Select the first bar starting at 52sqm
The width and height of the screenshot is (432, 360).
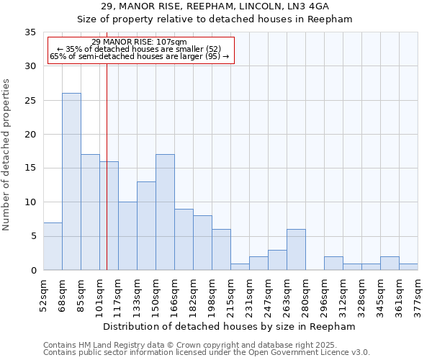[x=53, y=246]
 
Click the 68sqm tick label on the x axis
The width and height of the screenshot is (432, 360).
[x=62, y=294]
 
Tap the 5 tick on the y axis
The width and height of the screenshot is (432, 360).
[x=33, y=237]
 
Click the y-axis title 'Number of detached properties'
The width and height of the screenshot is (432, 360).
[x=7, y=154]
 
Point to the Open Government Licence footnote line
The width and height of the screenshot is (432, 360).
[x=207, y=353]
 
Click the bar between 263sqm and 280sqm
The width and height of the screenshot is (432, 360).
[x=296, y=250]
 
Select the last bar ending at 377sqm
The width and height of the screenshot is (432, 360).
[x=408, y=267]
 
